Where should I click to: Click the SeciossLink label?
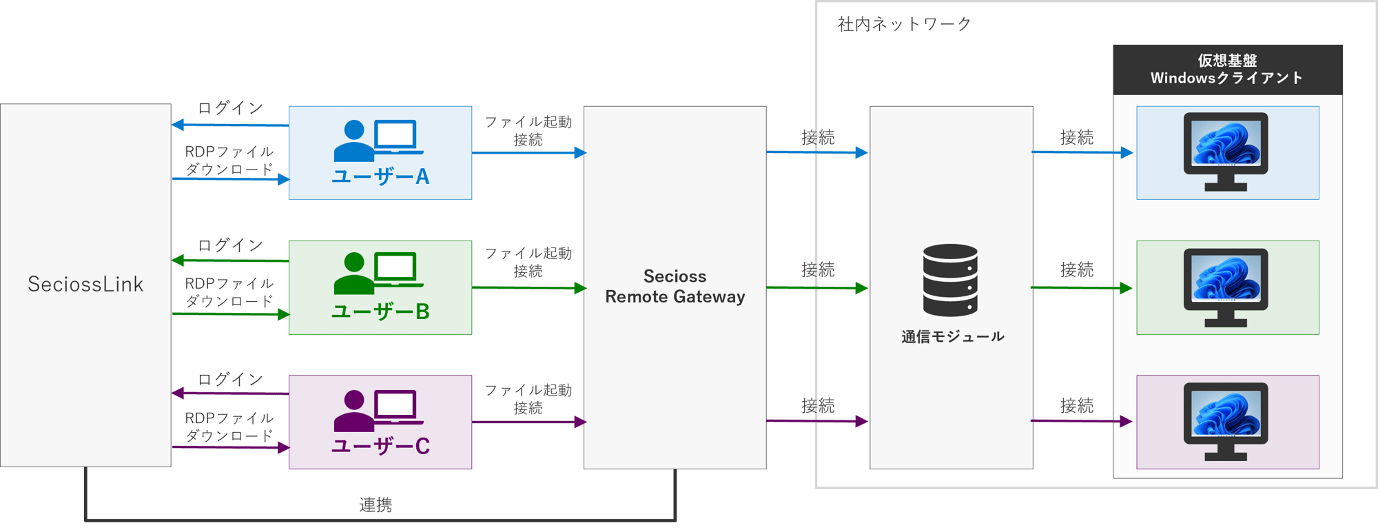85,284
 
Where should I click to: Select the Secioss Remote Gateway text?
675,287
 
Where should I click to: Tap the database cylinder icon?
950,280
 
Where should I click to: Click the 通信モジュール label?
952,337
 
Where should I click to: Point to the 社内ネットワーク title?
904,25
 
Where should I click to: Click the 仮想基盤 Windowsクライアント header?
1227,70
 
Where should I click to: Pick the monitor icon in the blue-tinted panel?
1226,152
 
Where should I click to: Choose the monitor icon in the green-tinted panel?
1226,287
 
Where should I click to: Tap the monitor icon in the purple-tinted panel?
1226,422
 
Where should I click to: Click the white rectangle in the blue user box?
395,134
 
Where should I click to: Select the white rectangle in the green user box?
395,266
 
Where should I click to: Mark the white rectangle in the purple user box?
395,404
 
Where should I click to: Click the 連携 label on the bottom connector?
376,505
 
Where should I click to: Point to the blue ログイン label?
230,108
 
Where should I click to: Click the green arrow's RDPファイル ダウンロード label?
229,292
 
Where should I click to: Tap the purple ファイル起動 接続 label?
528,399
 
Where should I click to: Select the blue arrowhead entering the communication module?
861,152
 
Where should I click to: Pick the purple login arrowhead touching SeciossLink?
178,393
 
